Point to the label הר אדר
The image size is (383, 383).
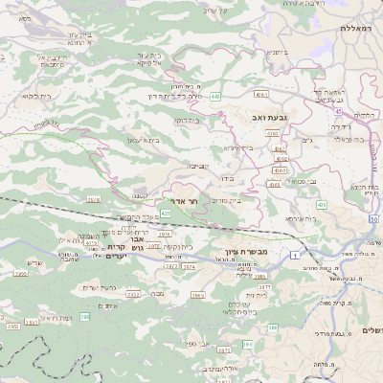189,202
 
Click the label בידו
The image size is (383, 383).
228,177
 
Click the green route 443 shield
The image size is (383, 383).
216,97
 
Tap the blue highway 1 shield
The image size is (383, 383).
295,256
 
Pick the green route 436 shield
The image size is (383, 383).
321,206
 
